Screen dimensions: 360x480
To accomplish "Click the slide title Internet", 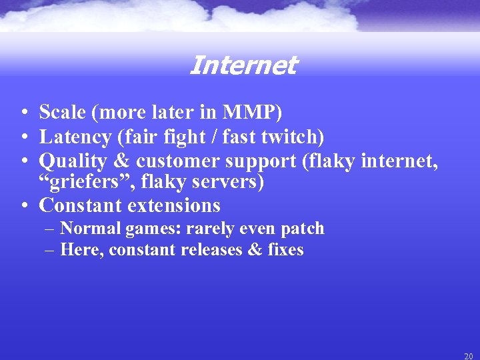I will tap(243, 65).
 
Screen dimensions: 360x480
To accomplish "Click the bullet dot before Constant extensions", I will tap(23, 205).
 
